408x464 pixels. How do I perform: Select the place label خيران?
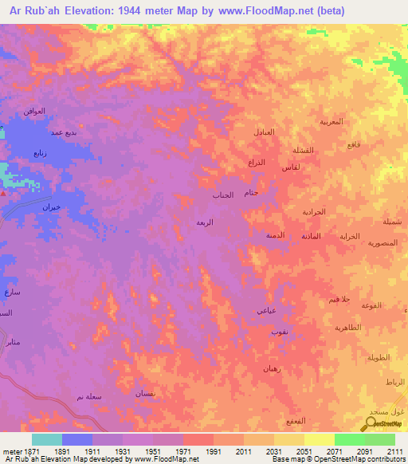[50, 207]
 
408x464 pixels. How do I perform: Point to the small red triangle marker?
[5, 192]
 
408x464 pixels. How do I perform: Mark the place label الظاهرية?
[347, 328]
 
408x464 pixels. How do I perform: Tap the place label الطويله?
[379, 358]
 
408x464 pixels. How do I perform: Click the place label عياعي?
[267, 310]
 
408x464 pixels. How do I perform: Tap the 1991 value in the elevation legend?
[213, 451]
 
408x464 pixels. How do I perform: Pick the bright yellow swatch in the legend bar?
[319, 439]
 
